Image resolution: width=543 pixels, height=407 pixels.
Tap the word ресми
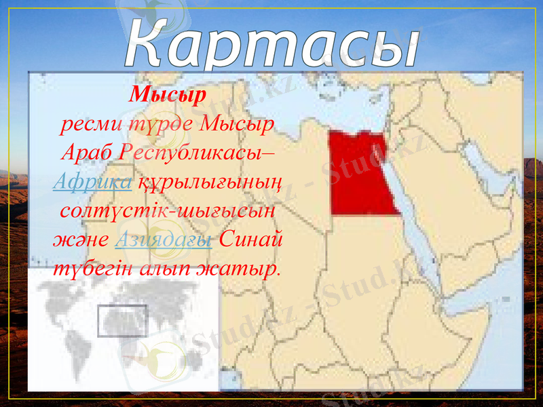coord(85,125)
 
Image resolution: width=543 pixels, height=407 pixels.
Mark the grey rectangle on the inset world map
coord(122,321)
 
